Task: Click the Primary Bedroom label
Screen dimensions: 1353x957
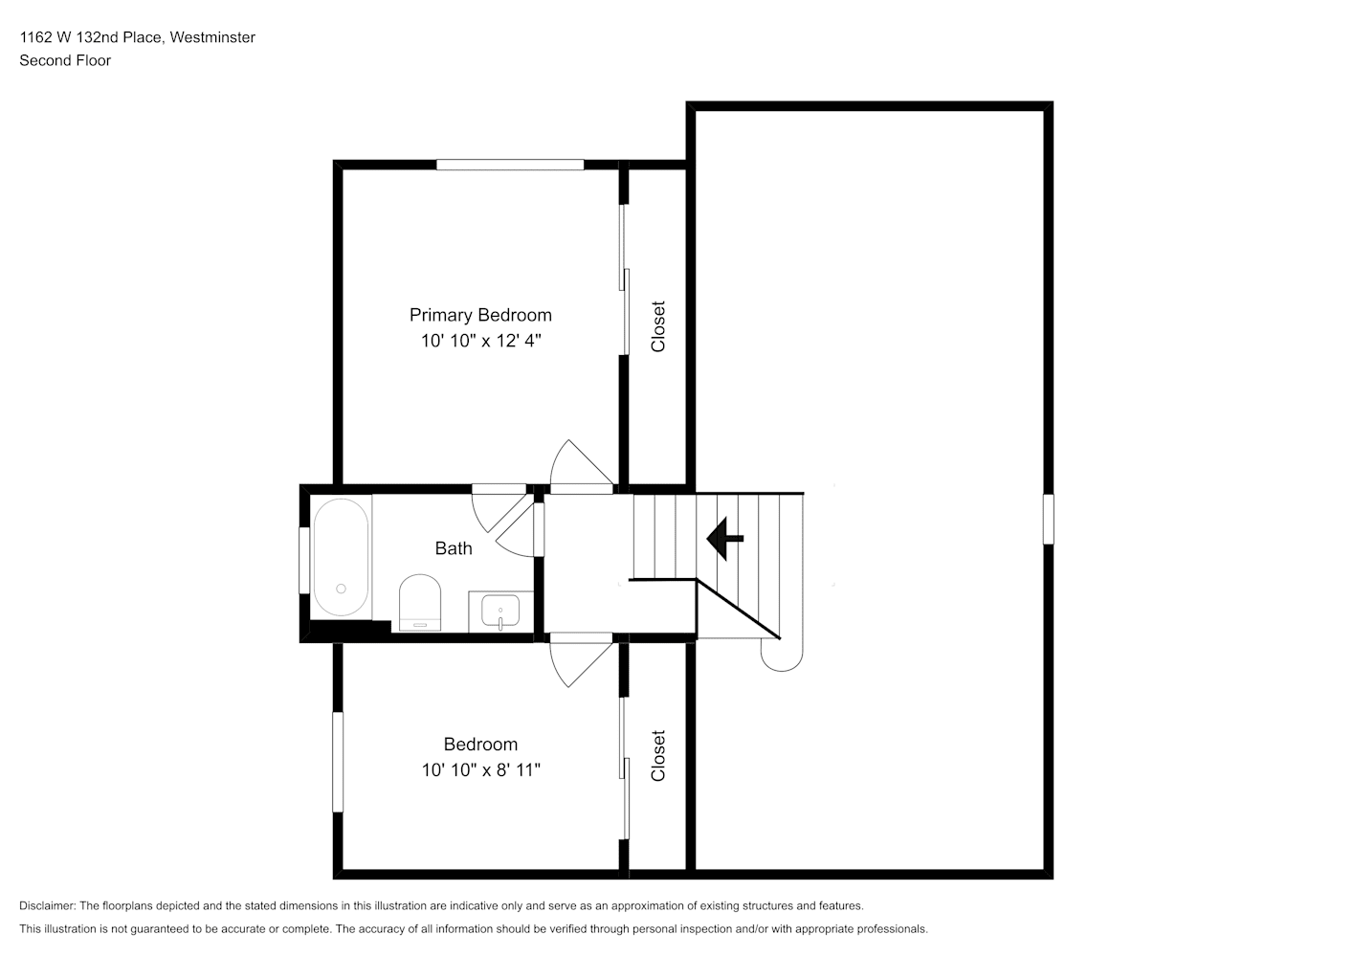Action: click(x=480, y=315)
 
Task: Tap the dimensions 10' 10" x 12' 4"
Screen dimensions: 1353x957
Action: click(x=480, y=341)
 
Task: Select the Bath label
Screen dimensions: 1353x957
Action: click(x=454, y=548)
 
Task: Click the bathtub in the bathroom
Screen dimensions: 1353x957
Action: click(x=341, y=557)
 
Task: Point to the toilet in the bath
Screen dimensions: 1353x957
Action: click(x=420, y=602)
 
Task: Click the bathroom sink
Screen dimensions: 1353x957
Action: click(x=500, y=612)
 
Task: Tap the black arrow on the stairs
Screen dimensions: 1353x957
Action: click(x=725, y=538)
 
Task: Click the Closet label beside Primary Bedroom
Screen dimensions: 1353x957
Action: click(x=657, y=326)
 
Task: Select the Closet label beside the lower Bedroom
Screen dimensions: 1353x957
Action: click(x=657, y=756)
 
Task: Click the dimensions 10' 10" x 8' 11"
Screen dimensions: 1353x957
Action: click(x=480, y=769)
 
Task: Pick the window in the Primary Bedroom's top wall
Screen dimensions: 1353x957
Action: click(x=510, y=165)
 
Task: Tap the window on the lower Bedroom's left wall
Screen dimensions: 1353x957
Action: click(x=339, y=762)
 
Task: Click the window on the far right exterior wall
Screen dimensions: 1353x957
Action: click(x=1049, y=519)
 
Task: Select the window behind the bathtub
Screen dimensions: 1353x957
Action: click(x=304, y=561)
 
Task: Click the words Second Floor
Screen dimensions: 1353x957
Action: click(x=65, y=60)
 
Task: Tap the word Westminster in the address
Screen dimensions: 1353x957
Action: click(x=212, y=37)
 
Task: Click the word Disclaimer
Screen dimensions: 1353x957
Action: click(x=48, y=905)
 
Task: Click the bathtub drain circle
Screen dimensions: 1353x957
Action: click(x=341, y=589)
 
